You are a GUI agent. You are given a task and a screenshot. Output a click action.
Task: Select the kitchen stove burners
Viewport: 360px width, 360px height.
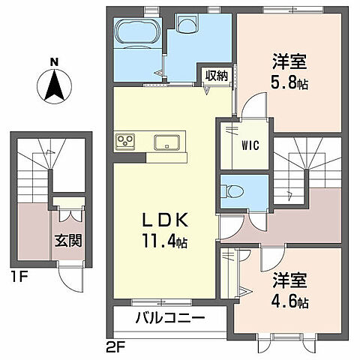124,142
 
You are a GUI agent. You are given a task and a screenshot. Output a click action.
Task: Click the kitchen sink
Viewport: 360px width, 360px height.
166,142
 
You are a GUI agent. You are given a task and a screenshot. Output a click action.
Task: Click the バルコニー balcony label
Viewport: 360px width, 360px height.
169,319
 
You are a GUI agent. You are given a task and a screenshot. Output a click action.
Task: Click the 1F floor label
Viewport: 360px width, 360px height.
18,276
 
